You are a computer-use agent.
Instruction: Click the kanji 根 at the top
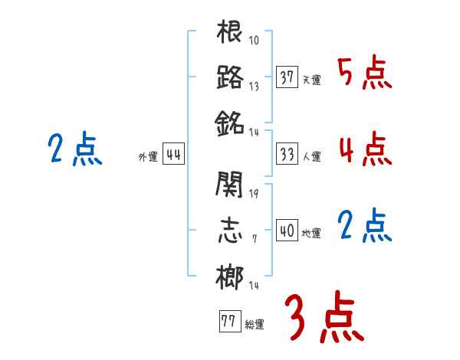(230, 32)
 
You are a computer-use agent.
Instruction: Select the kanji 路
(230, 77)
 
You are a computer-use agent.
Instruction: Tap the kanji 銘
(230, 121)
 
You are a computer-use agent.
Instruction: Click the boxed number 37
(287, 77)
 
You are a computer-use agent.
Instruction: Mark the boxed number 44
(173, 155)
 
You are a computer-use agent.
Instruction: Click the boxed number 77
(228, 322)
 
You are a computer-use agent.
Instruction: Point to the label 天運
(311, 80)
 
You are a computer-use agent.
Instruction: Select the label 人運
(311, 156)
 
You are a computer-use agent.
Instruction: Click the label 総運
(254, 324)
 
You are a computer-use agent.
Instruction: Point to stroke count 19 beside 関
(254, 193)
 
